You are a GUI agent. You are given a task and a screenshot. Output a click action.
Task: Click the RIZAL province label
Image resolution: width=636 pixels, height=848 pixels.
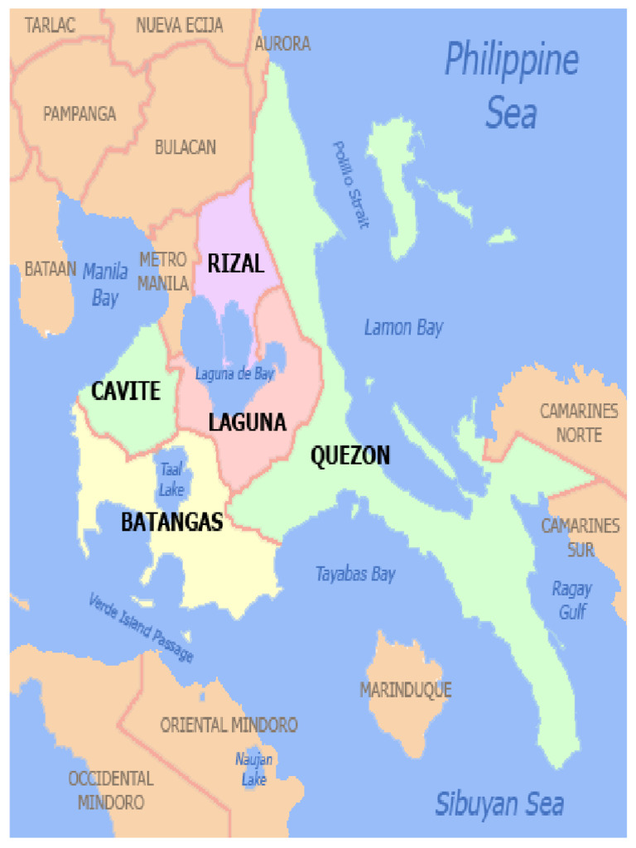tap(235, 264)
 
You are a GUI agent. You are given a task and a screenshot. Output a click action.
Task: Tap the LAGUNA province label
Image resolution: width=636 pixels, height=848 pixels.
tap(247, 422)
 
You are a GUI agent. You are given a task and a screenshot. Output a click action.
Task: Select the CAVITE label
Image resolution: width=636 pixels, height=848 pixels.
tap(125, 391)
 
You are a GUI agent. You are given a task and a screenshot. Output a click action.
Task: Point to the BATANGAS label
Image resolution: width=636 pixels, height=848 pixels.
tap(172, 523)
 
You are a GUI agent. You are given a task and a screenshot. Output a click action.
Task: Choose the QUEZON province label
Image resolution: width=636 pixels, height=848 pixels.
tap(349, 455)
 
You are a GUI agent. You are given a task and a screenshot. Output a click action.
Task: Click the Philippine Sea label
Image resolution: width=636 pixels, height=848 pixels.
tap(511, 86)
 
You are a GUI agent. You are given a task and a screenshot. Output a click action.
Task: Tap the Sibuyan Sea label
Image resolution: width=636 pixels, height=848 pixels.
tap(499, 803)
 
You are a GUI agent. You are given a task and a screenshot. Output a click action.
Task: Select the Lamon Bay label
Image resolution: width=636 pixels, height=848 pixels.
tap(403, 328)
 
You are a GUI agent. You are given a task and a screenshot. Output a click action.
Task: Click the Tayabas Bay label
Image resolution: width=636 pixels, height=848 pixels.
tap(355, 574)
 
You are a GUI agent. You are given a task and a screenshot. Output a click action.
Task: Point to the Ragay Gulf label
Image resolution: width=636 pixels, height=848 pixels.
tap(571, 600)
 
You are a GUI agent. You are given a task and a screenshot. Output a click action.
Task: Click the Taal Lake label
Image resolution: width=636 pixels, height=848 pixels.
tap(171, 479)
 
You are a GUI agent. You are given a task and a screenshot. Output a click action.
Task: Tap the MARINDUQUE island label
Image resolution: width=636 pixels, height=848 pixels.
tap(405, 690)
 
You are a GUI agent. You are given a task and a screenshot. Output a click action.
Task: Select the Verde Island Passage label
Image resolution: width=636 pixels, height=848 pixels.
tap(141, 627)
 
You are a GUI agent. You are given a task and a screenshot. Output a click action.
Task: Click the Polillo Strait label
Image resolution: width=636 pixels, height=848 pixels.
tap(350, 185)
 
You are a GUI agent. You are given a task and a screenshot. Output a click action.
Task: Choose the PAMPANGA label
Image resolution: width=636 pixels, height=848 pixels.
tap(79, 114)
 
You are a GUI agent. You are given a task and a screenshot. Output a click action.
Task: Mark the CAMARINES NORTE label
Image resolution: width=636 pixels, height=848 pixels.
tap(579, 422)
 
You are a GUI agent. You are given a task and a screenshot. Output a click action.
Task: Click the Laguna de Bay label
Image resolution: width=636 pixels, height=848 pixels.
tap(234, 374)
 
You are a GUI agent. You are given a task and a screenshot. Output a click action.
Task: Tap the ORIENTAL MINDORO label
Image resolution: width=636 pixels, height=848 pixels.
tap(229, 725)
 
